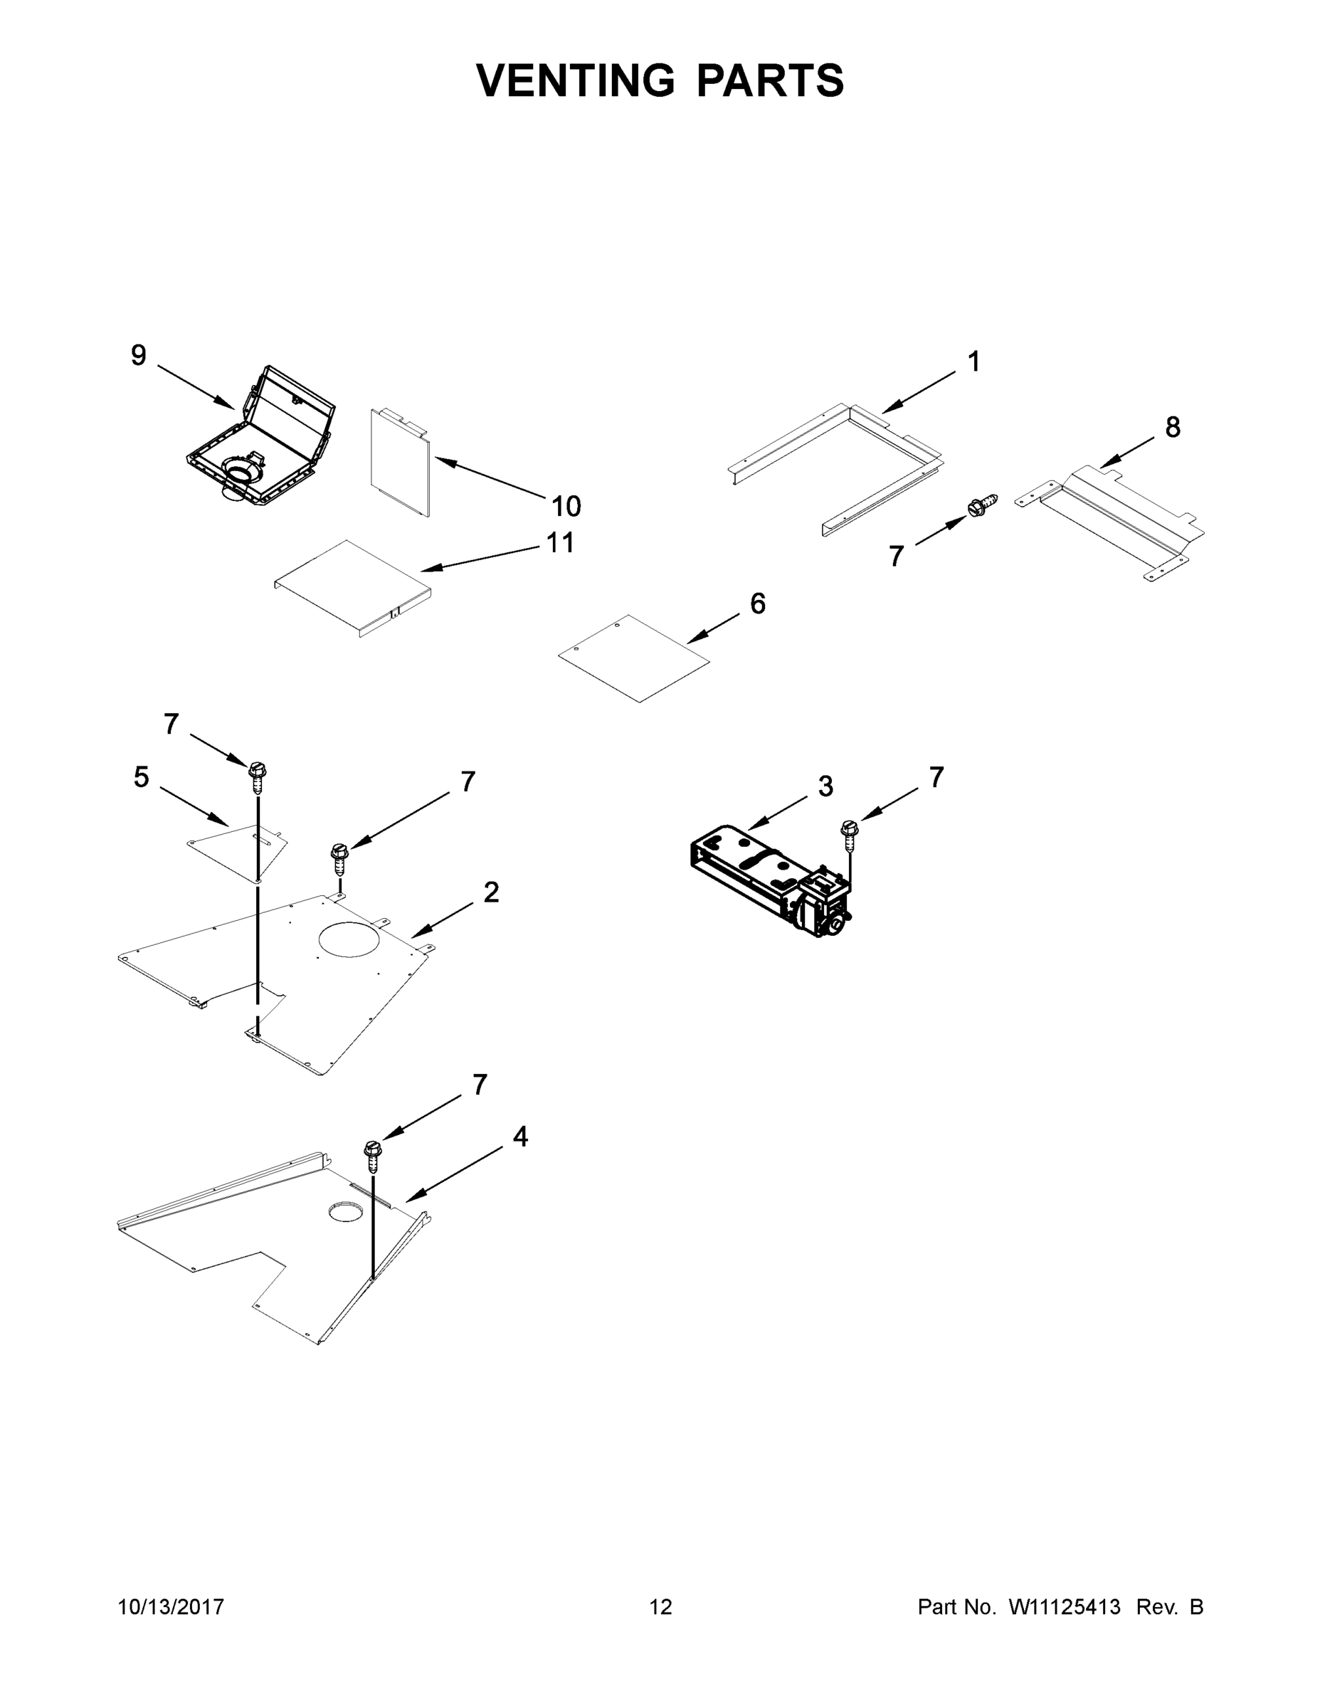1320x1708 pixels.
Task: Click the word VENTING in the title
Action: [575, 80]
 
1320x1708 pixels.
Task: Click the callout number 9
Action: [139, 356]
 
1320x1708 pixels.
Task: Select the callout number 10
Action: [566, 507]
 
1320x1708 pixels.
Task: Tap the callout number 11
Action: [561, 543]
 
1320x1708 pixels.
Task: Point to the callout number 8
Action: [1173, 427]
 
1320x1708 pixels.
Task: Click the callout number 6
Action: [758, 603]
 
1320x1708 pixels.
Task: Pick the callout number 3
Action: [825, 786]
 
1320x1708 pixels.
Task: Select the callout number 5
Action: [141, 777]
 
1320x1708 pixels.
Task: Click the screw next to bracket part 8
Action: [982, 505]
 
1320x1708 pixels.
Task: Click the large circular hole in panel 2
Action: [350, 939]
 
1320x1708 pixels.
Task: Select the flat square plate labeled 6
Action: [633, 658]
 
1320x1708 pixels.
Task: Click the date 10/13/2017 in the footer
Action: [171, 1606]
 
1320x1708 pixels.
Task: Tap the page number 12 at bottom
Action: [660, 1606]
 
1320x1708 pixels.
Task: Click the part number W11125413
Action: [1065, 1606]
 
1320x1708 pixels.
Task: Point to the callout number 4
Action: [520, 1137]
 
